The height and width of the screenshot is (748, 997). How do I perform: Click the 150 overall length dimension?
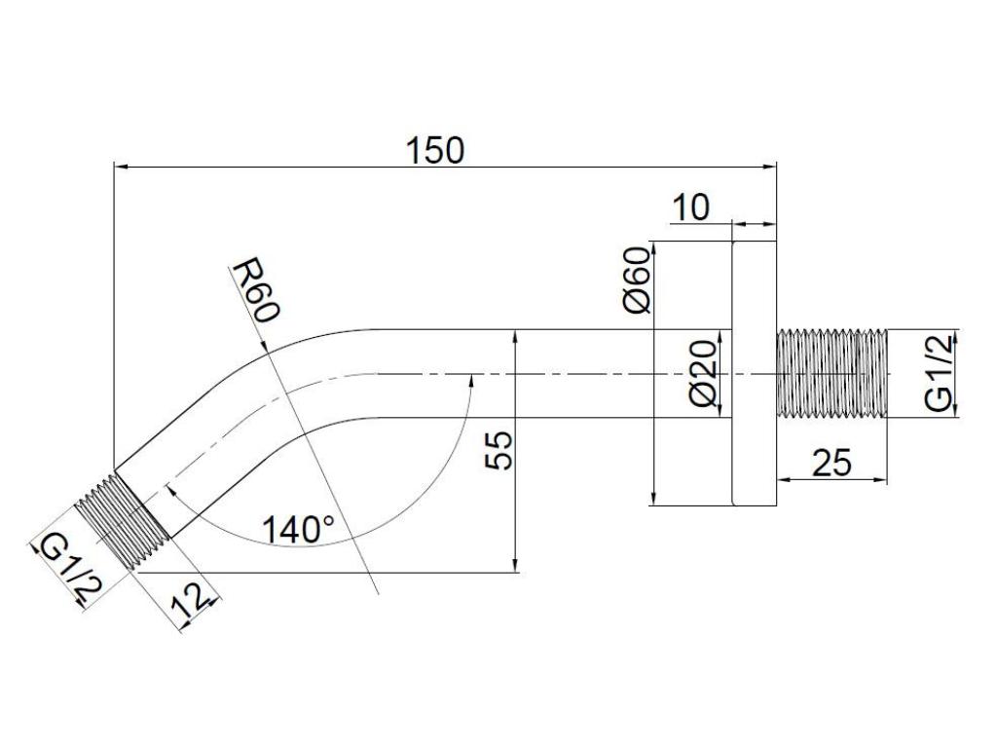click(x=435, y=151)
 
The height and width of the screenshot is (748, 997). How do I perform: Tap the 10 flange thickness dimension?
click(x=690, y=207)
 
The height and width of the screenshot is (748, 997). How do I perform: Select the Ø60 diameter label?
click(x=638, y=280)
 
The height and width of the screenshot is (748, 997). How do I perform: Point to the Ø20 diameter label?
click(x=703, y=375)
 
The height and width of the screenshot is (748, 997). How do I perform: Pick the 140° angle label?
click(x=298, y=529)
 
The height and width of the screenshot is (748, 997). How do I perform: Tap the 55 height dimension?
click(x=498, y=450)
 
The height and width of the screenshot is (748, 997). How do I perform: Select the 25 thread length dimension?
click(x=831, y=463)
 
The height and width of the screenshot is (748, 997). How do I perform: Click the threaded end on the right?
click(x=831, y=374)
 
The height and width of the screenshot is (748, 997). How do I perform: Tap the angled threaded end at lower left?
click(x=122, y=523)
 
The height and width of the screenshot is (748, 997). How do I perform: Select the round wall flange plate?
click(x=755, y=374)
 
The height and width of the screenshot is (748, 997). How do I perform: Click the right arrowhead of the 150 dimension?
click(x=769, y=167)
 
